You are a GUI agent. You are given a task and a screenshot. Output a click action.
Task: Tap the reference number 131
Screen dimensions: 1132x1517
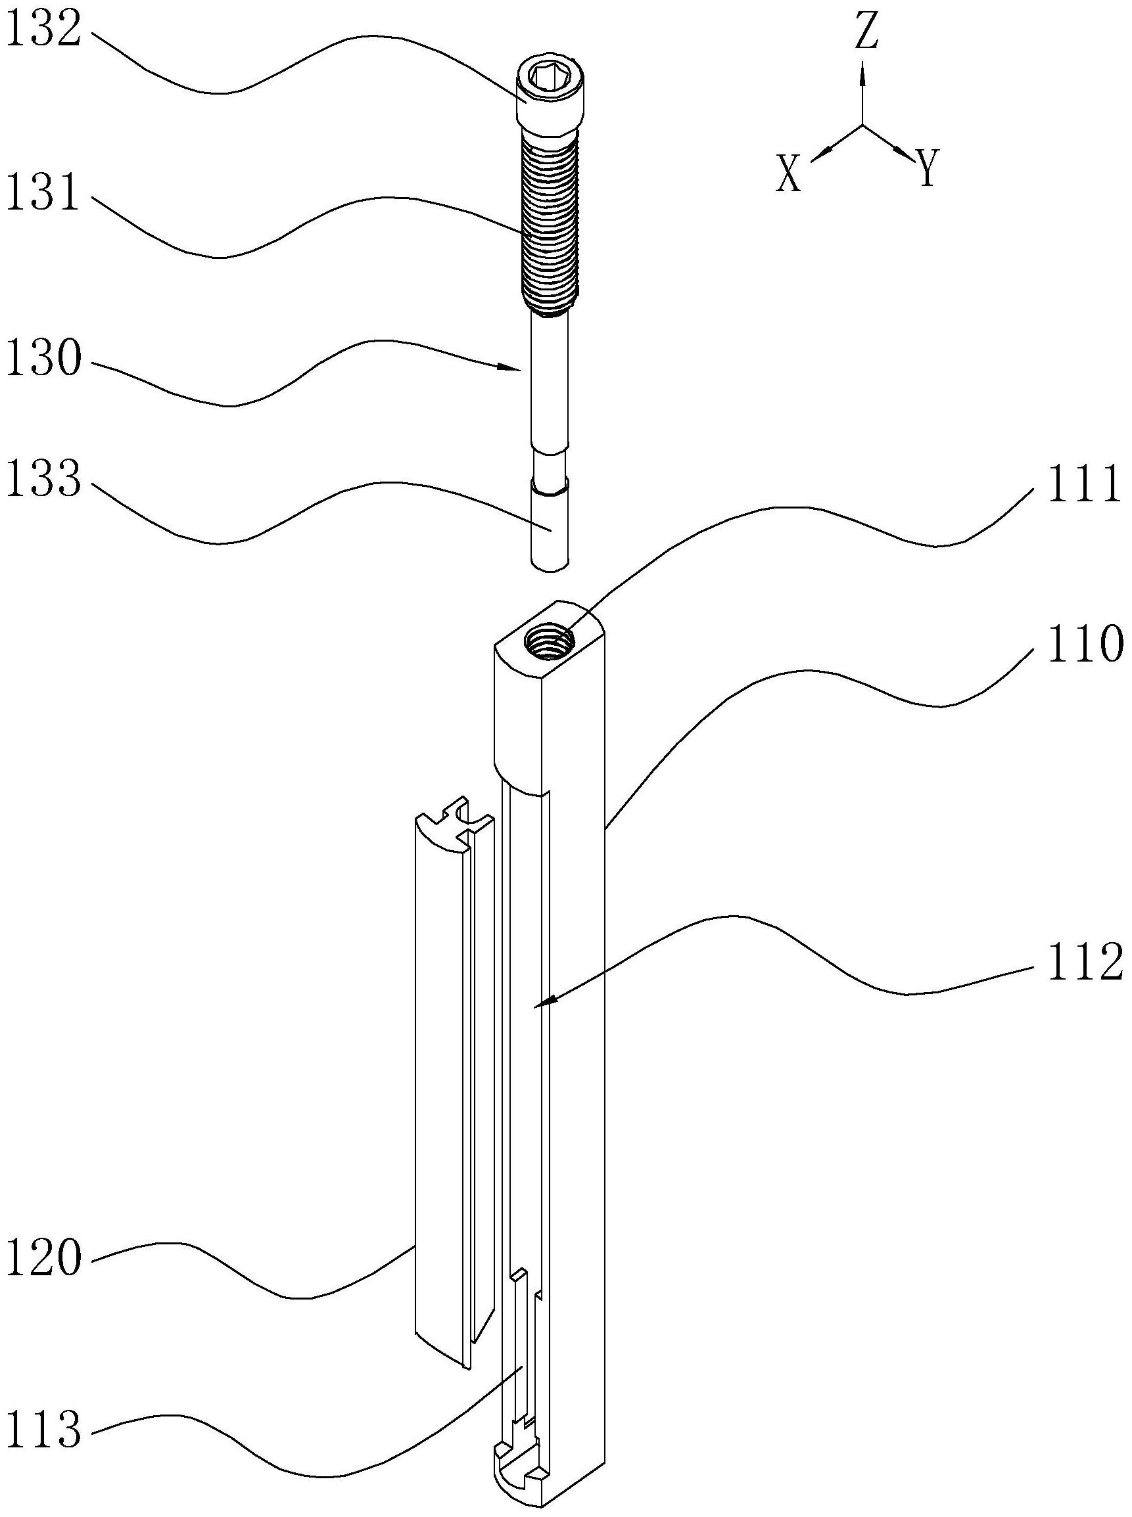click(43, 192)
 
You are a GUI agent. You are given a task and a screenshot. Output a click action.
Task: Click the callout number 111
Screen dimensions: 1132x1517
click(1085, 486)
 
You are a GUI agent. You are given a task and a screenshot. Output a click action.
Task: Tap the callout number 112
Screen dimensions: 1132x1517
click(1085, 962)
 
